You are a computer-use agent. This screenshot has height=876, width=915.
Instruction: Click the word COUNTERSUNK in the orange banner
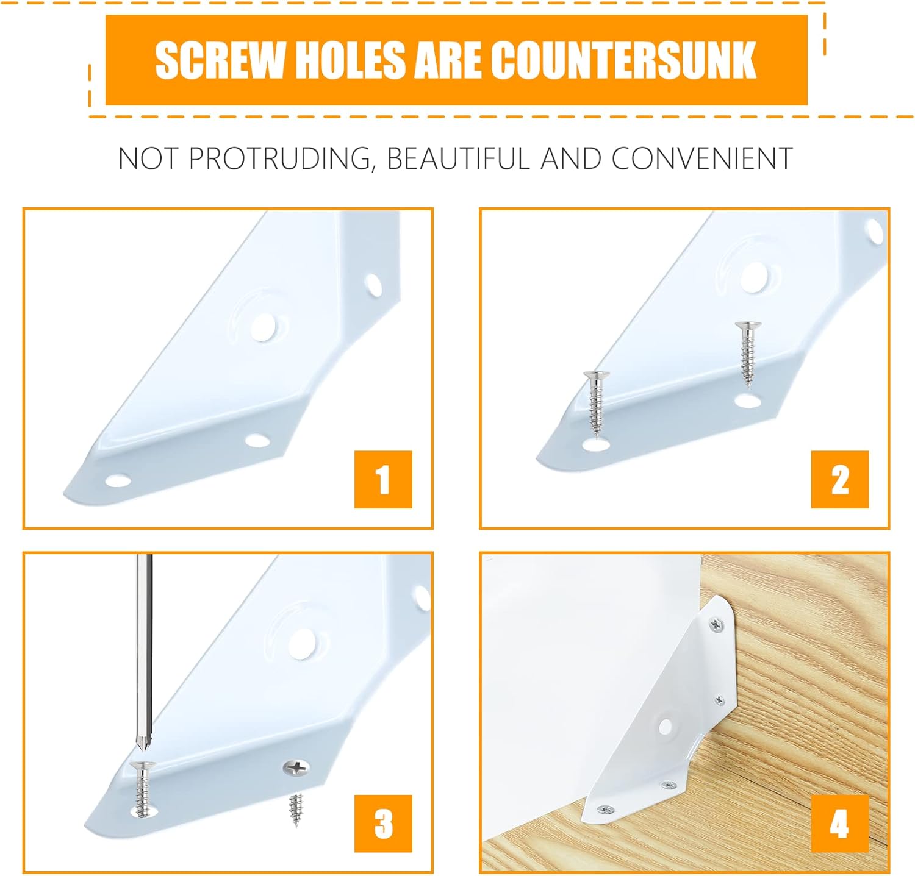(623, 60)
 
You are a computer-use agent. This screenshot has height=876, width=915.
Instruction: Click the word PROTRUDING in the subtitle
(280, 158)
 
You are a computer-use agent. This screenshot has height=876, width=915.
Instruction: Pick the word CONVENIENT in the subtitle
(701, 158)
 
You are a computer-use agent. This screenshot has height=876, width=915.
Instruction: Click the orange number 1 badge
(383, 480)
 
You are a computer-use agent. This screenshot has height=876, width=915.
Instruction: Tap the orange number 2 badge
(839, 480)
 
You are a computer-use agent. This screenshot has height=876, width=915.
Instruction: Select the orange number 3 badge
(383, 824)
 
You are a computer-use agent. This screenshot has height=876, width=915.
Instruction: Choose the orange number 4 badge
(839, 824)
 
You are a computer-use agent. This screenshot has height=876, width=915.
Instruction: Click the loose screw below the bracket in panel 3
(295, 810)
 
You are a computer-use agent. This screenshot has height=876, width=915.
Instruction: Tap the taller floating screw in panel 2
(747, 354)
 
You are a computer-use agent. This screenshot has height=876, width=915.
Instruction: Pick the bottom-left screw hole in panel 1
(118, 481)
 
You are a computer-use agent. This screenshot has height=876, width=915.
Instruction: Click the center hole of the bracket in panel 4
(666, 727)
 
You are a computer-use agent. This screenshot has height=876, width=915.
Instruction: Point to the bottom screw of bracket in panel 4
(606, 810)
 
